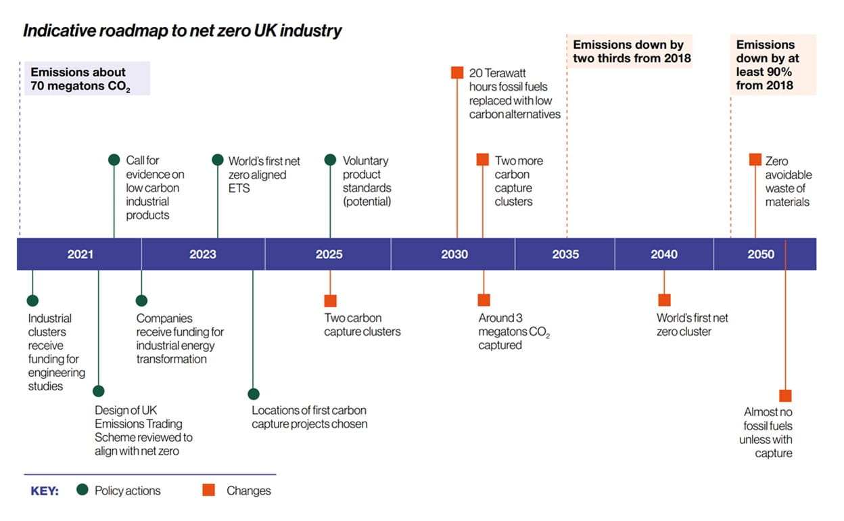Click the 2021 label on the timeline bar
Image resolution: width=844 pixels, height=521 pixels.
[80, 254]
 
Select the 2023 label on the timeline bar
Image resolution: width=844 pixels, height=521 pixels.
[203, 254]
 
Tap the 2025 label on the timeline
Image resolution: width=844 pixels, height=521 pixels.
[329, 254]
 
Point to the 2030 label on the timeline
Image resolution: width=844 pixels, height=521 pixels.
[454, 254]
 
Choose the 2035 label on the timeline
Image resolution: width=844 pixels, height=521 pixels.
[565, 254]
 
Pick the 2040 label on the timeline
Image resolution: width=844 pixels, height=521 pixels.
[664, 254]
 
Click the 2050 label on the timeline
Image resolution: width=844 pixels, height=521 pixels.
[761, 254]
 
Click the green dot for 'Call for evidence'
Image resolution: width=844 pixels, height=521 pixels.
[114, 160]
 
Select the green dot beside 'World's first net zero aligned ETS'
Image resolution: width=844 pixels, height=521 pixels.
[217, 160]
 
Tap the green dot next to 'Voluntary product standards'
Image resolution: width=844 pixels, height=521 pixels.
[330, 160]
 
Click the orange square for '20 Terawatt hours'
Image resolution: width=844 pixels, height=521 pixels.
[457, 72]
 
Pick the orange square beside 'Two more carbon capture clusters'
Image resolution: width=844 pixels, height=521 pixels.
[482, 160]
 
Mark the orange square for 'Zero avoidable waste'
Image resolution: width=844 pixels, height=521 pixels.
[755, 160]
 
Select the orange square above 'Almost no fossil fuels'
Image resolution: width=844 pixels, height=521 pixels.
[785, 396]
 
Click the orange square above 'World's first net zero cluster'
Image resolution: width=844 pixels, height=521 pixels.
[664, 300]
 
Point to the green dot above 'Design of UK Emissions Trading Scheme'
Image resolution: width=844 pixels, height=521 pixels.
[99, 391]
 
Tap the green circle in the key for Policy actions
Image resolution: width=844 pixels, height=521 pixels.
[83, 490]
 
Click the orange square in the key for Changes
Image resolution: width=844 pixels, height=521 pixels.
[210, 490]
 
